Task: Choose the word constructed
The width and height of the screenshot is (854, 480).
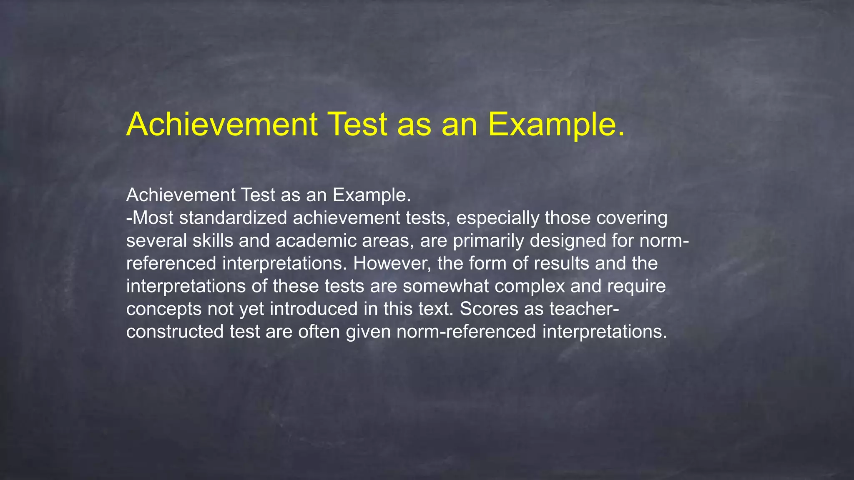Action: pyautogui.click(x=175, y=332)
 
